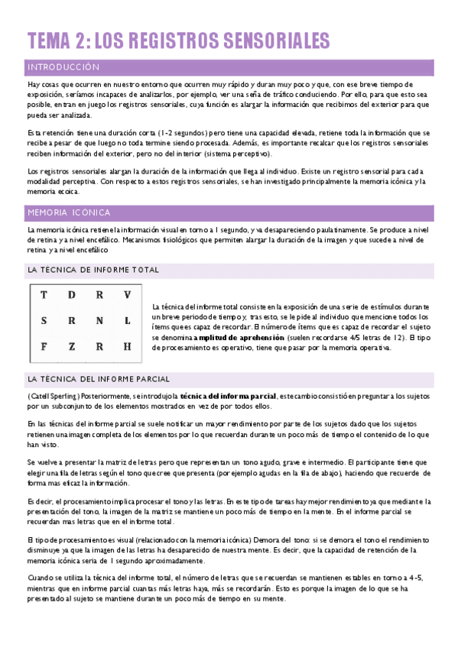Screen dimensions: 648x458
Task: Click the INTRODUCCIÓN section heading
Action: coord(63,66)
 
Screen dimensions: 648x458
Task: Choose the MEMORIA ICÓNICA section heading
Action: coord(69,212)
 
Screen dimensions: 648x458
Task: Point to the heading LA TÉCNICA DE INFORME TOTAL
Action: coord(93,270)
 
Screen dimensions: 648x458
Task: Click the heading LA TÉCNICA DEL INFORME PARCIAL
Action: coord(99,378)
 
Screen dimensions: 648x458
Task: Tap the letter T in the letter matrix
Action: coord(44,295)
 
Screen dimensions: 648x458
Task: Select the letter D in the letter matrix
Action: coord(71,295)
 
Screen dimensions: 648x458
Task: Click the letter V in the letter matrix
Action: coord(127,295)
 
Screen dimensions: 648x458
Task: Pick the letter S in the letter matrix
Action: coord(44,321)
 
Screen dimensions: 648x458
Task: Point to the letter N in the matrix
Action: coord(99,321)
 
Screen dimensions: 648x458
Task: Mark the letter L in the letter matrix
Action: coord(127,321)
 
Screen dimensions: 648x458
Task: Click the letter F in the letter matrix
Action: coord(44,346)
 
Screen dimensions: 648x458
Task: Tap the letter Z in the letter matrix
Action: coord(71,346)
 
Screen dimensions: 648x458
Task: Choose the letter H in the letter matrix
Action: coord(127,346)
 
